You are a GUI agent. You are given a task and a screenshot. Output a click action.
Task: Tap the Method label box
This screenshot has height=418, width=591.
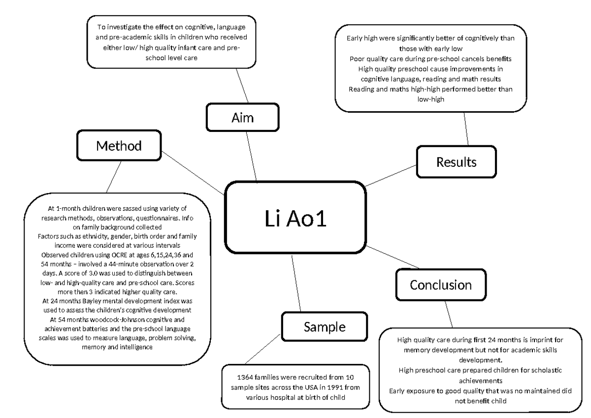tap(119, 146)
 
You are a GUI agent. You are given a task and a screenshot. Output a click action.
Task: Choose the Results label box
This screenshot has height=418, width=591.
tap(456, 161)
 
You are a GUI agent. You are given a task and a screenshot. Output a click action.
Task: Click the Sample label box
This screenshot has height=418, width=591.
tap(324, 326)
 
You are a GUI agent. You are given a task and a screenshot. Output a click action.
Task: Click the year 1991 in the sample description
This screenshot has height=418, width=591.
tap(326, 387)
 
